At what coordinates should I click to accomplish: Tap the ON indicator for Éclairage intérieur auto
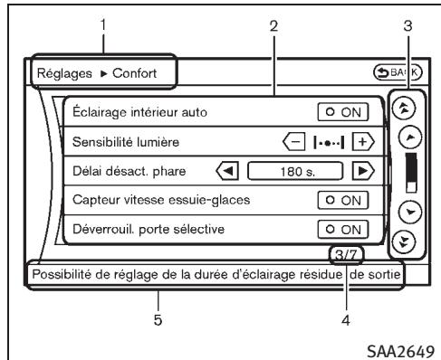343,112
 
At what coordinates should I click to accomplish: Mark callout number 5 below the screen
158,304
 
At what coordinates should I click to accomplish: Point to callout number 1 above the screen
106,24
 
